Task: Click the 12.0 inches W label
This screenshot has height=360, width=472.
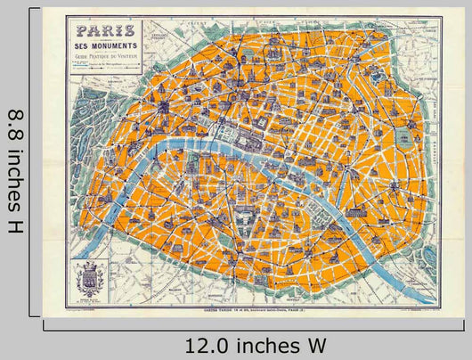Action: [x=256, y=343]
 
